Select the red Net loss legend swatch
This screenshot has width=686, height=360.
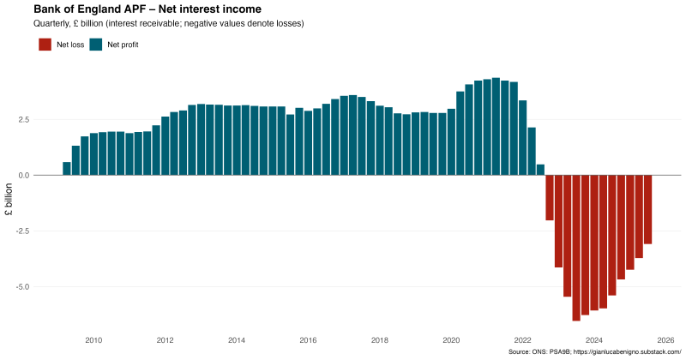[45, 44]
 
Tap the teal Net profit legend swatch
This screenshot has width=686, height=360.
[96, 44]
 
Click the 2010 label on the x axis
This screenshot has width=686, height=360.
[93, 340]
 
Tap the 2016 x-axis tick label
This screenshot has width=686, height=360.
[308, 340]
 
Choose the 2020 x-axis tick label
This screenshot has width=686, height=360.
[451, 340]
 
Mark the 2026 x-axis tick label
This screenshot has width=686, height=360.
[665, 340]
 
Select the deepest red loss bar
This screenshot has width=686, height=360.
[576, 248]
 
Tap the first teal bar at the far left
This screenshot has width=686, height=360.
[67, 168]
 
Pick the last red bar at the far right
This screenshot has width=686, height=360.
[648, 209]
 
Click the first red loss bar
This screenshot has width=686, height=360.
[550, 197]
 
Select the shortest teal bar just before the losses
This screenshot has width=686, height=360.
[540, 170]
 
